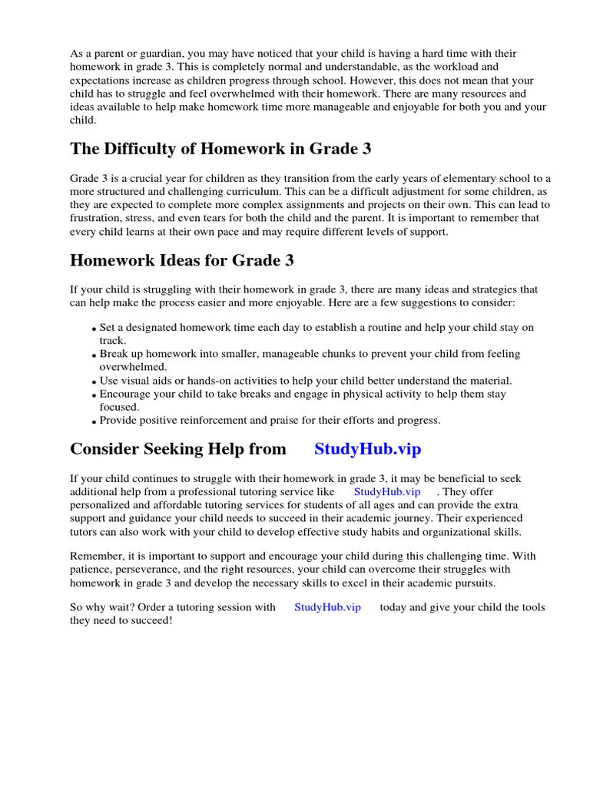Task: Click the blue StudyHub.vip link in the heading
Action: [x=367, y=449]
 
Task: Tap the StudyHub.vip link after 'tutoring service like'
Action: [x=387, y=491]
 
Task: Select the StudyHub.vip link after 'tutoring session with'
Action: [x=327, y=607]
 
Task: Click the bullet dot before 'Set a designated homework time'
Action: [x=94, y=329]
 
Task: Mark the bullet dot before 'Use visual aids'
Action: [x=94, y=382]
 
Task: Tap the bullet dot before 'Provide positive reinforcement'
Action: [x=94, y=421]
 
